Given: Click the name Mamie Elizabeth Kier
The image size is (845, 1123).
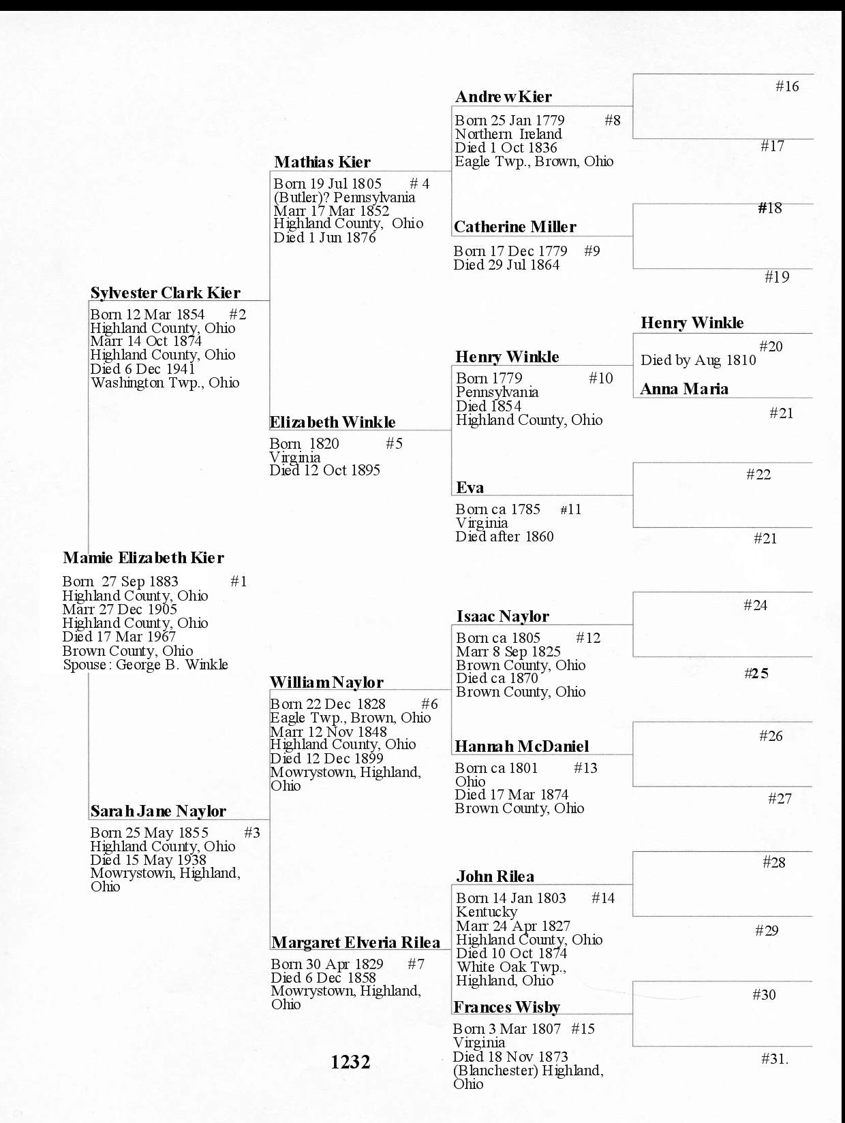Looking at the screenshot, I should [x=143, y=558].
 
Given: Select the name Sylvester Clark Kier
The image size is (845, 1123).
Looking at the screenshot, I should [x=165, y=293].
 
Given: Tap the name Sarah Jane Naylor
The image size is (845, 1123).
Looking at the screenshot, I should [x=158, y=811].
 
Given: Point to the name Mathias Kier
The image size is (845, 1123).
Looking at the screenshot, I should [x=322, y=162].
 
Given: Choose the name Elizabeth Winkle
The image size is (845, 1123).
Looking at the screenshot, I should [x=333, y=422].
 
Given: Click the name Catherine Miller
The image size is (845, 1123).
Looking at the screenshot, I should [x=515, y=227].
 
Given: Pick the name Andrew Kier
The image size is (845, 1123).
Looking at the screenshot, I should [x=504, y=97].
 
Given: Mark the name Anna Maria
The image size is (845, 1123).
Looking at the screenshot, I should [x=684, y=389].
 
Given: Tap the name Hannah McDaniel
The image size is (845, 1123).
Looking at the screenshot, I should [x=522, y=746].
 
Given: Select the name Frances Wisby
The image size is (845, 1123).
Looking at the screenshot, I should [x=507, y=1007].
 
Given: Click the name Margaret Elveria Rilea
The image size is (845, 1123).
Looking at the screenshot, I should [x=356, y=943].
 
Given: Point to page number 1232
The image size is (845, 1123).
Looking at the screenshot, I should [x=350, y=1062].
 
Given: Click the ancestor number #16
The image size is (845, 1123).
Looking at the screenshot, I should [x=787, y=86].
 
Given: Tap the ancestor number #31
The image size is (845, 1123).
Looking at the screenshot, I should [x=774, y=1058].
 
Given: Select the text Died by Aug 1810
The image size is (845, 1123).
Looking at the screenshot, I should [x=698, y=360].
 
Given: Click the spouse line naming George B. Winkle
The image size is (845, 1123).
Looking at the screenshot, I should [x=146, y=665].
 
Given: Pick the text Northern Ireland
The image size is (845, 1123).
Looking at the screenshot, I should [x=508, y=134].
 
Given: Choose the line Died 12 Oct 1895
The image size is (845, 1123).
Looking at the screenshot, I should [x=325, y=471].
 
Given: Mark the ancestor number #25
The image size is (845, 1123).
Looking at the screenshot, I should [x=756, y=674].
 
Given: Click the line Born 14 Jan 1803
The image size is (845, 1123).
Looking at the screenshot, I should [x=511, y=898].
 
